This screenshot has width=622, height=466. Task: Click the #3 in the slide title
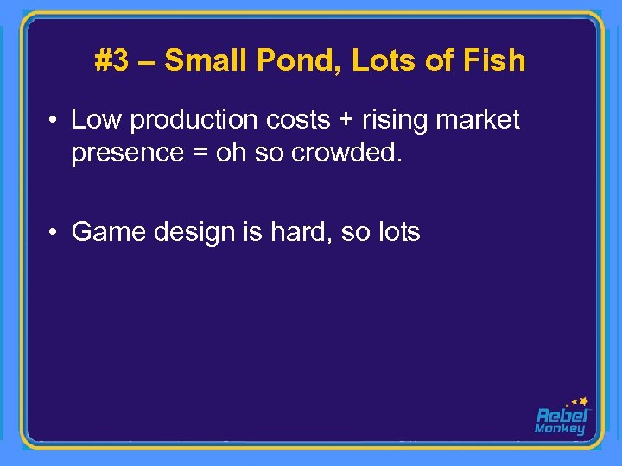(111, 60)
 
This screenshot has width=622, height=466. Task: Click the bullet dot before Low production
(54, 121)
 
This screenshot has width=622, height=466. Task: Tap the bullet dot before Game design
(54, 232)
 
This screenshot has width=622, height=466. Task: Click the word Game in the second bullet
(105, 231)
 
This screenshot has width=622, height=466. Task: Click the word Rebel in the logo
(562, 415)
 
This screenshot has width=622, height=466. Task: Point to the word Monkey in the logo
(560, 429)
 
